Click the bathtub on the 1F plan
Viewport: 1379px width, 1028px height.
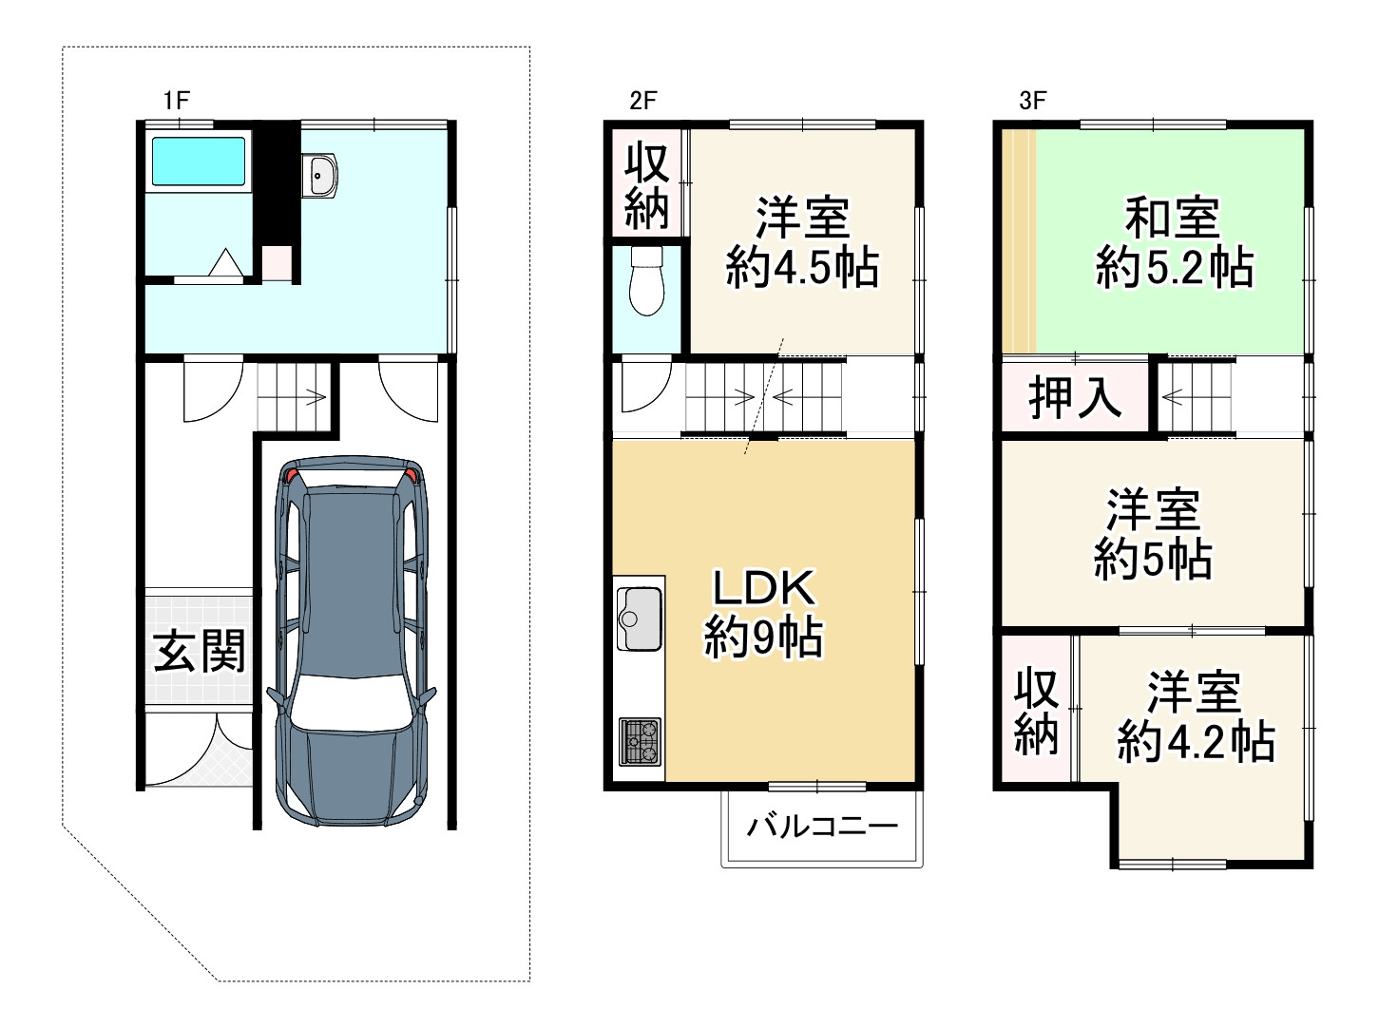pos(199,161)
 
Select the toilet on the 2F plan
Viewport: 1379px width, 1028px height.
pos(647,282)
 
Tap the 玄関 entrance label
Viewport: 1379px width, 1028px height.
pos(199,651)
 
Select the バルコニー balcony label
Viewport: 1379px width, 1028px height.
pos(821,826)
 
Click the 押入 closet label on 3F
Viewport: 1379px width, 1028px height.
pos(1075,396)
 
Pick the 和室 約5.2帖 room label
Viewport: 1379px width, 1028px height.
pos(1174,243)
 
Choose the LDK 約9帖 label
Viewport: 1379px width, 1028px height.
pos(763,614)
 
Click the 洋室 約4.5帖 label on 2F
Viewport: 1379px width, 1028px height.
pos(802,243)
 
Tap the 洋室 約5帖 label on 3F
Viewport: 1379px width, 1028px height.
pos(1153,535)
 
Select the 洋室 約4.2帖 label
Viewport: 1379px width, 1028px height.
pos(1195,716)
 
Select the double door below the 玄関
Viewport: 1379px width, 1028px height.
pos(199,748)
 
